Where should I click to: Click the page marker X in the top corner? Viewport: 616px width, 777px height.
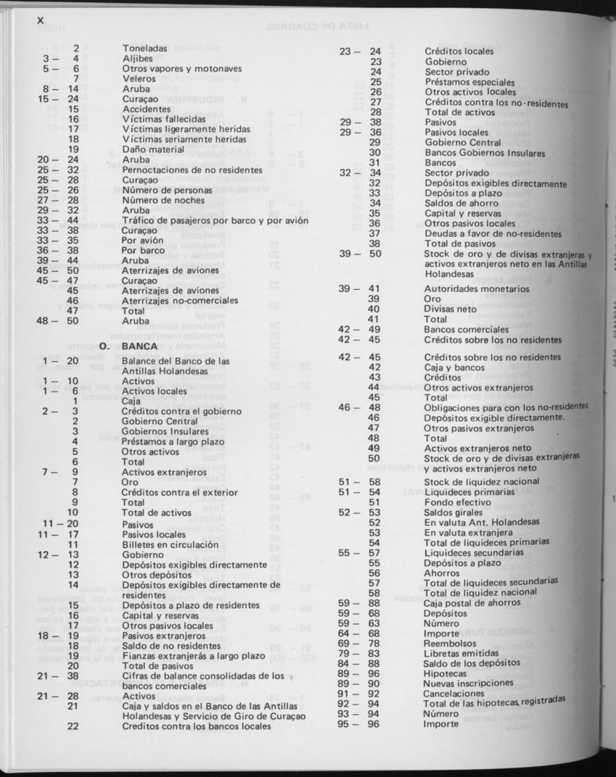click(41, 20)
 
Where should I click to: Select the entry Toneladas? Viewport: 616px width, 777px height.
click(145, 49)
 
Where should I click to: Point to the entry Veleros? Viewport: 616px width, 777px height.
click(139, 78)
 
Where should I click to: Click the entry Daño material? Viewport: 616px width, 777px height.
click(153, 149)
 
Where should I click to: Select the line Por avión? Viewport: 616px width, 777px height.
click(144, 240)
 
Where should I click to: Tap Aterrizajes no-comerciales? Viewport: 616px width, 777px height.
click(180, 300)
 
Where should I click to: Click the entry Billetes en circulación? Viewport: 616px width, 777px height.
click(170, 544)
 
